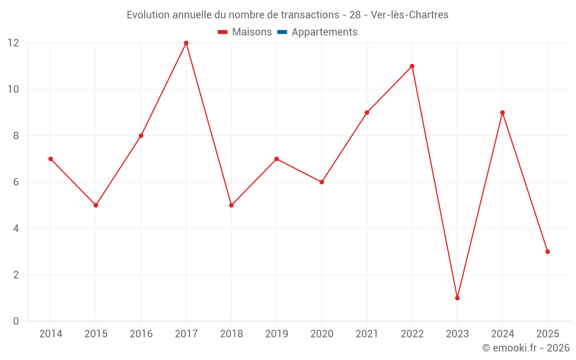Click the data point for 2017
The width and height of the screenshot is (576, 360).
186,43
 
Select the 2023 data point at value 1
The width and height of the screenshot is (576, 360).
457,298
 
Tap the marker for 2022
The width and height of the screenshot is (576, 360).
412,66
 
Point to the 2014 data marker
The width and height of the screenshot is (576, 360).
51,159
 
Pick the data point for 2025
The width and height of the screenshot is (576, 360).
548,252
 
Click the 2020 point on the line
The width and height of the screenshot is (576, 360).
321,182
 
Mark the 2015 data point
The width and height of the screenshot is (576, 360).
96,205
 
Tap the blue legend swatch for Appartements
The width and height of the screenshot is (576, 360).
282,32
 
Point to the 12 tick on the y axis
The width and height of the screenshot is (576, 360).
13,43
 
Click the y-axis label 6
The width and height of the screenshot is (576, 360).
16,182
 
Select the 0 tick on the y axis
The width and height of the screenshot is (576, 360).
16,321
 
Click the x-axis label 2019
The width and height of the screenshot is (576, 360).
276,334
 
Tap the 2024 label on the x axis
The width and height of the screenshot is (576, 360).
502,334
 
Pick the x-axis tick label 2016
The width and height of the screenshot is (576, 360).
141,334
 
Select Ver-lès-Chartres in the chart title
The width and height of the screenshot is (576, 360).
410,15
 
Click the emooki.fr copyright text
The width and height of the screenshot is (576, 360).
526,348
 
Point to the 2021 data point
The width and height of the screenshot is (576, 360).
367,112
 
